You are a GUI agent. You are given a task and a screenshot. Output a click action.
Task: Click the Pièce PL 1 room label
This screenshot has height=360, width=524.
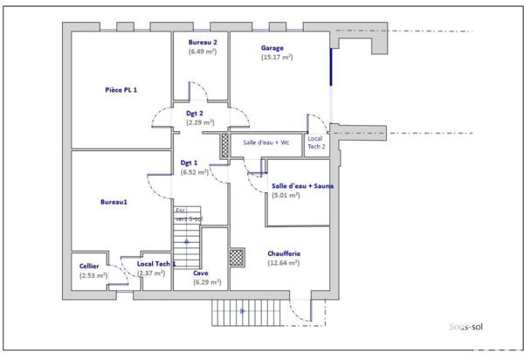[x=121, y=89]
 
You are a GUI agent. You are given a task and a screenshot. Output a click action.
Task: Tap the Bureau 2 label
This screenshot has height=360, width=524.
[x=203, y=42]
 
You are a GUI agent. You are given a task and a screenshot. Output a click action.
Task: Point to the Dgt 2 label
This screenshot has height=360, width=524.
[x=195, y=114]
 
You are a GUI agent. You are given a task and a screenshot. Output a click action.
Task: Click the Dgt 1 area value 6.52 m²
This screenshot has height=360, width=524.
[x=194, y=173]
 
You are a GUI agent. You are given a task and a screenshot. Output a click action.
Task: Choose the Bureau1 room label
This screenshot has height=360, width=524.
[x=114, y=202]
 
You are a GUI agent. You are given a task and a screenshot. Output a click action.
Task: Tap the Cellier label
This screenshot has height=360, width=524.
[x=89, y=266]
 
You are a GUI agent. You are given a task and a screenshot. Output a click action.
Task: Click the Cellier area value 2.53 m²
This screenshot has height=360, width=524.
[x=93, y=275]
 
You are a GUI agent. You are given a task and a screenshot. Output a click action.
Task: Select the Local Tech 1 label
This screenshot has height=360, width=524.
[x=156, y=263]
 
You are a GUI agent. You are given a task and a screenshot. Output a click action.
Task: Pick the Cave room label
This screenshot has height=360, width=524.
[x=201, y=273]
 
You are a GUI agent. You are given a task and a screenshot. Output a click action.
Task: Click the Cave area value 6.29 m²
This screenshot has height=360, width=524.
[x=206, y=282]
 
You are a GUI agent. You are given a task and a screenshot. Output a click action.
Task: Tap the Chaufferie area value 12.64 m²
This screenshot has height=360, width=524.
[x=284, y=263]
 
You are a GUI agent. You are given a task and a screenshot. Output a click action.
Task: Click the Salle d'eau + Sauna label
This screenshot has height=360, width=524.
[x=303, y=186]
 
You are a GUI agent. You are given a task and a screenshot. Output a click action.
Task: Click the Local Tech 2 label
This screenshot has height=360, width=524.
[x=316, y=142]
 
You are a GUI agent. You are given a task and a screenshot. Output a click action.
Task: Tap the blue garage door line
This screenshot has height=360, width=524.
[x=330, y=66]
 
